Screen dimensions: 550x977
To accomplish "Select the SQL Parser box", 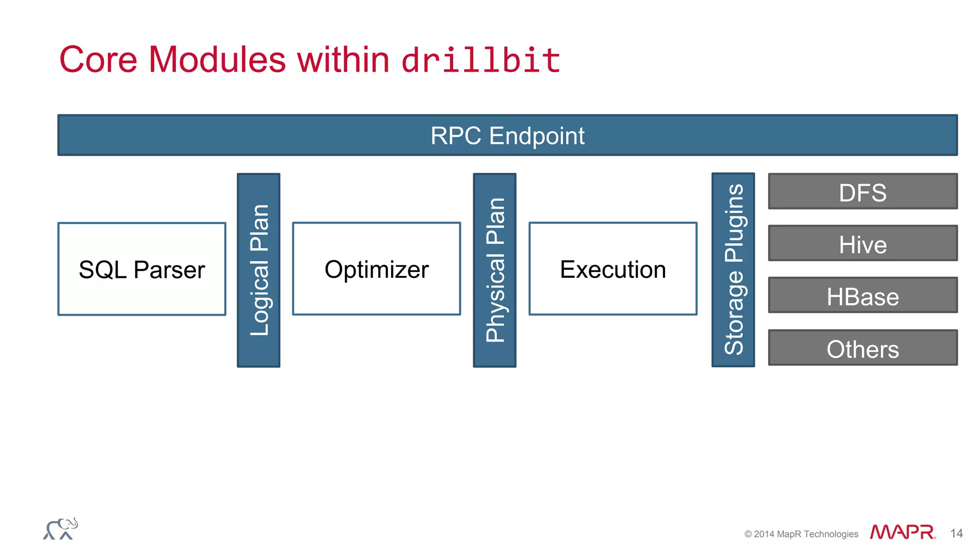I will click(142, 269).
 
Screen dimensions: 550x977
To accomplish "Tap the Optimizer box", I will click(376, 269).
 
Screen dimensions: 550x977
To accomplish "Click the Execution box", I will click(613, 269).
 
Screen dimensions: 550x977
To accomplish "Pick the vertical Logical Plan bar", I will click(259, 270).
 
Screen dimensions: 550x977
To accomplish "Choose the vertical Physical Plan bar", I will click(495, 270).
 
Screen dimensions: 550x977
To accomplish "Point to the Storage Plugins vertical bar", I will click(733, 270).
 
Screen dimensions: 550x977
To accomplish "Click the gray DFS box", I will click(863, 191).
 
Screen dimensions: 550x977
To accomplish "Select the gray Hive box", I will click(863, 243).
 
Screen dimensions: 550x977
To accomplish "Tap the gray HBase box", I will click(863, 296).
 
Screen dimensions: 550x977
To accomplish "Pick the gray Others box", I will click(863, 348).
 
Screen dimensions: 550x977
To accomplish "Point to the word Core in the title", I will click(98, 60).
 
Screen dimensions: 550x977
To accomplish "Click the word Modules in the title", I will click(217, 60).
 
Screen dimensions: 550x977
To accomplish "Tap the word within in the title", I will click(343, 60).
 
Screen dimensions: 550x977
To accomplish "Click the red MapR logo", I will click(902, 532).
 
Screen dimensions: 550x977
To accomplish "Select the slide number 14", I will click(956, 533).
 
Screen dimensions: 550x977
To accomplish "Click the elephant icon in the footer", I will click(61, 529).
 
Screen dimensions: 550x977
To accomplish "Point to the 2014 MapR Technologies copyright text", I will click(801, 534).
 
